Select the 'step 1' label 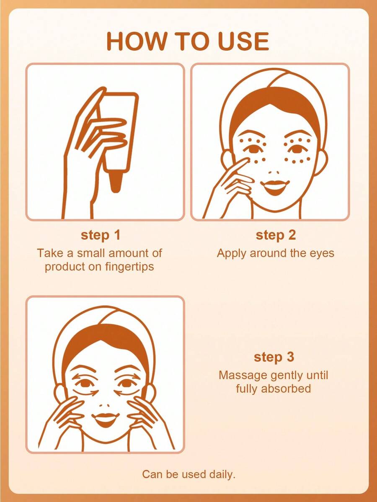[x=101, y=235]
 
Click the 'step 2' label [x=276, y=235]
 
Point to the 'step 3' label [x=274, y=357]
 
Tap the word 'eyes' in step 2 [x=322, y=254]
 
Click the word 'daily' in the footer [x=222, y=474]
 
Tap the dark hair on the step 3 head [x=106, y=342]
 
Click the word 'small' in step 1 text [x=90, y=253]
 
